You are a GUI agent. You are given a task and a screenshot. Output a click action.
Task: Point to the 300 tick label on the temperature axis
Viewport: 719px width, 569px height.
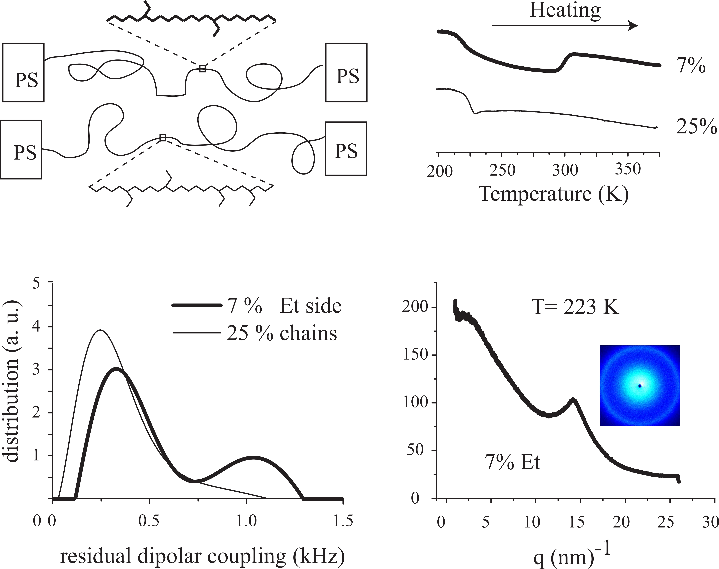pos(565,170)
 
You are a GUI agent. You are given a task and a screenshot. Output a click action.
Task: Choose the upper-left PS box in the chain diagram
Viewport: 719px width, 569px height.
pos(23,72)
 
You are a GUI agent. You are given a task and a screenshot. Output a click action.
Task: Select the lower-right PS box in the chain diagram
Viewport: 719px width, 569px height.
pos(346,149)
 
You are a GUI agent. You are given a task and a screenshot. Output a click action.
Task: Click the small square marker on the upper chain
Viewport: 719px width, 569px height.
pos(202,69)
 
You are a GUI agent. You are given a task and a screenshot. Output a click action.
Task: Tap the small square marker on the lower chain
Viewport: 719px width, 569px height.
pos(163,138)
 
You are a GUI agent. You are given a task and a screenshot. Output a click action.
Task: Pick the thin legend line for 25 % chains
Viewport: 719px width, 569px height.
pos(197,332)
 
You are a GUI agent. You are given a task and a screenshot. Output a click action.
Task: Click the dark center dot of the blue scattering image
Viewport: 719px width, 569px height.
pos(640,386)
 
